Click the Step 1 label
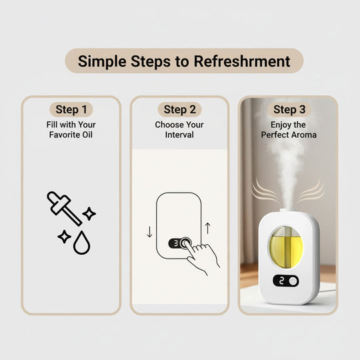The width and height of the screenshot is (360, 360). pos(71,110)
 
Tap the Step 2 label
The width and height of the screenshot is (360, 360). pos(180,110)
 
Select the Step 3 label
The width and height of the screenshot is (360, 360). pos(289,110)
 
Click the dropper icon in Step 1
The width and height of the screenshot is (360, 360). pos(65,208)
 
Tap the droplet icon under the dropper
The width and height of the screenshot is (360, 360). pos(82,244)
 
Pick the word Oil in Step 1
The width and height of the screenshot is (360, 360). pos(93,135)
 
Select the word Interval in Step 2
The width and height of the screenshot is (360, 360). pos(179,135)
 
